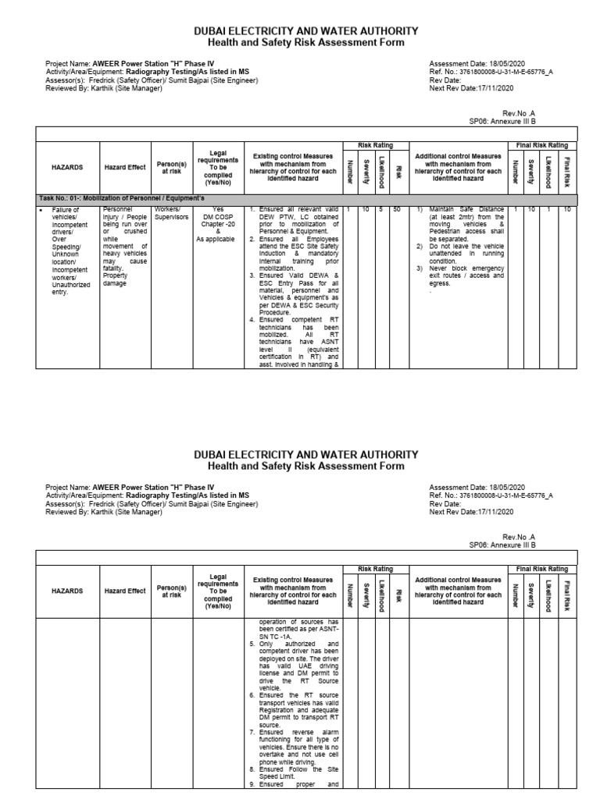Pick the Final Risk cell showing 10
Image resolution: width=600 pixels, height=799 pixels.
click(567, 210)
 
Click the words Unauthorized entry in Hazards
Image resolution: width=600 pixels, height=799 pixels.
click(70, 289)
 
